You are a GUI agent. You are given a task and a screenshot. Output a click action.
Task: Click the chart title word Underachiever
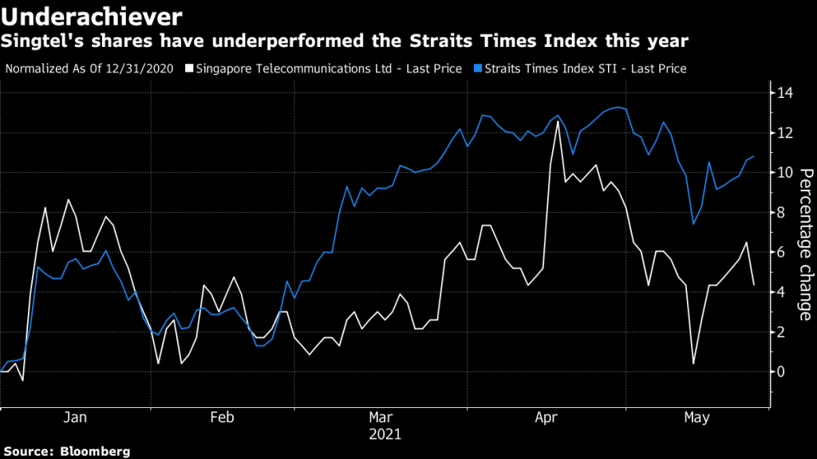(x=93, y=14)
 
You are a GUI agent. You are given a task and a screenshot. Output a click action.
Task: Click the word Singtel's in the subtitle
(x=37, y=39)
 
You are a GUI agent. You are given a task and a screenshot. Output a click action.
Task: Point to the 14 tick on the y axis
(x=786, y=93)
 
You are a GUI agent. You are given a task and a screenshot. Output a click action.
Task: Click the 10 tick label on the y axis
(x=786, y=173)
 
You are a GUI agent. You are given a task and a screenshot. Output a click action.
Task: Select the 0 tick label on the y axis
(x=782, y=372)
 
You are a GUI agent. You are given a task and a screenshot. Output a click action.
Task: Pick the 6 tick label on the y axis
(x=782, y=253)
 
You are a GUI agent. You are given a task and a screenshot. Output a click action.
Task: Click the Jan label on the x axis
(x=75, y=418)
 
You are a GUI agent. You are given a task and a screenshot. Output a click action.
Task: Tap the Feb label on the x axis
(x=222, y=418)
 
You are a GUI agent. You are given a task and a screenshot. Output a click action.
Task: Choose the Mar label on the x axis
(x=381, y=418)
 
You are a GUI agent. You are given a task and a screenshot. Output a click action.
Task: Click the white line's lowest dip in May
(x=693, y=363)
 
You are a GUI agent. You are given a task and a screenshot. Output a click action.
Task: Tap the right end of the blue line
(x=753, y=156)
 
